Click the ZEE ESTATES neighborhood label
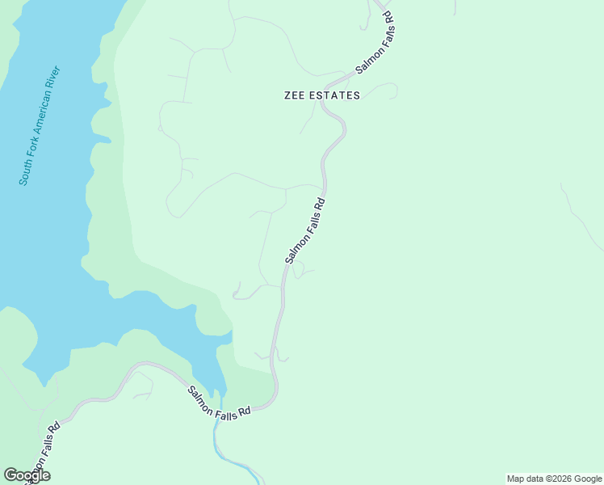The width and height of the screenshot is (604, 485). point(322,95)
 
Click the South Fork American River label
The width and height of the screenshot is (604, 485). point(40,125)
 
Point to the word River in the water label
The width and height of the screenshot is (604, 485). point(55,76)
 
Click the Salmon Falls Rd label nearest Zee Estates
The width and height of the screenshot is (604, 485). point(374,44)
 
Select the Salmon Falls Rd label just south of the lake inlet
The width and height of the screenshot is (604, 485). point(219,402)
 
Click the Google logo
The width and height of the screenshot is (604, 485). point(27,475)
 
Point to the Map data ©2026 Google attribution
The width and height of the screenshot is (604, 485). point(554,479)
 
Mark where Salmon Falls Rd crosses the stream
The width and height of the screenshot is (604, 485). point(218,420)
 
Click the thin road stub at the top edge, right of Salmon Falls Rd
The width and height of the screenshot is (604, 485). point(455,7)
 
